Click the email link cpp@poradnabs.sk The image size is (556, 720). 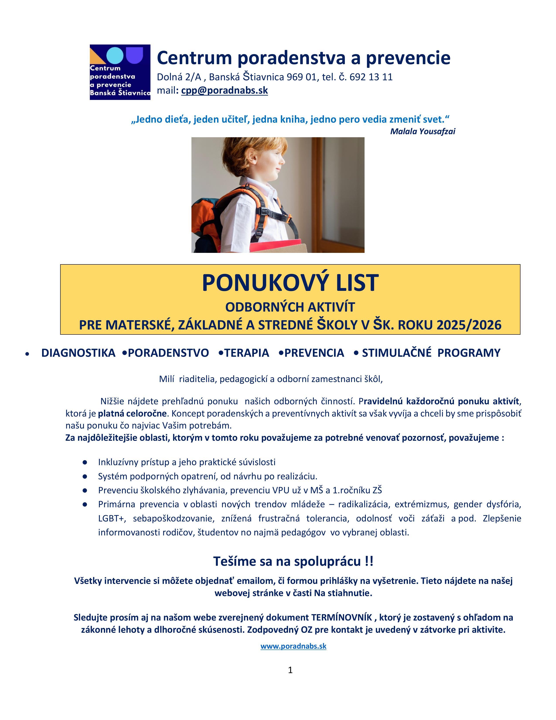[x=224, y=90]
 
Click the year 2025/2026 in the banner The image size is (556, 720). [x=469, y=325]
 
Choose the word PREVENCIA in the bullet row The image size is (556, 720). [x=314, y=353]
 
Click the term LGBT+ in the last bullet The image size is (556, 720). [x=112, y=519]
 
